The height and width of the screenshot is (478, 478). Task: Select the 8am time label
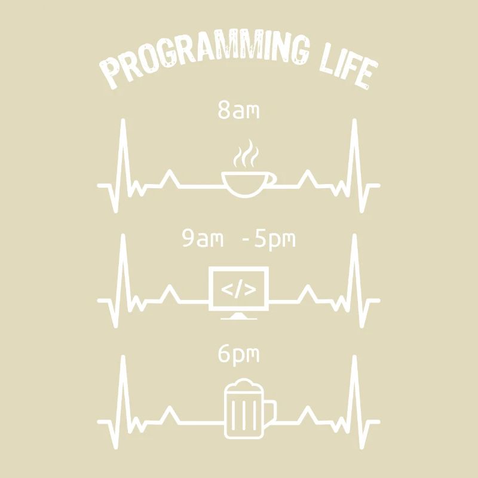[238, 111]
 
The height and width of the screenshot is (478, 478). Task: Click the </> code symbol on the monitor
[239, 290]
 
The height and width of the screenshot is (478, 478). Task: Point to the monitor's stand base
[239, 316]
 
